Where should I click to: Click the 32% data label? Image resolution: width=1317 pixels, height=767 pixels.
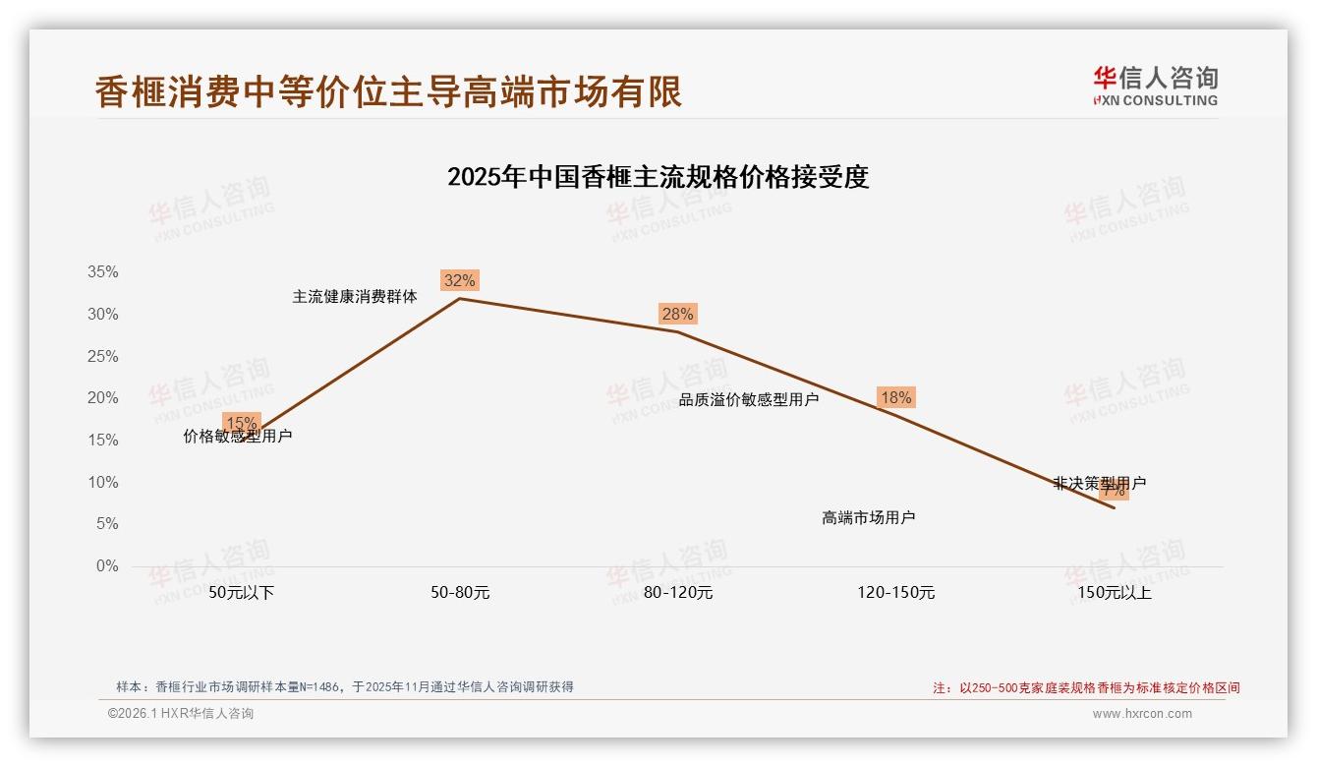pyautogui.click(x=459, y=280)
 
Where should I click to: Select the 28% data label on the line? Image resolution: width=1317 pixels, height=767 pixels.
pyautogui.click(x=677, y=314)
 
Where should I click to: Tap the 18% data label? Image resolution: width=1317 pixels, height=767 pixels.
pyautogui.click(x=895, y=397)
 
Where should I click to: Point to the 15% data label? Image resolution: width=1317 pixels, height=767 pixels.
pyautogui.click(x=242, y=423)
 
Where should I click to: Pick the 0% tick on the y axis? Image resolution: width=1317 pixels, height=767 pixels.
pyautogui.click(x=106, y=566)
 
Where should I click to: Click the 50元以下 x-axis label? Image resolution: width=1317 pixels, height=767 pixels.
pyautogui.click(x=242, y=593)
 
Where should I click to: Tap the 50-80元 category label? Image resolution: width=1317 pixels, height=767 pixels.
pyautogui.click(x=460, y=593)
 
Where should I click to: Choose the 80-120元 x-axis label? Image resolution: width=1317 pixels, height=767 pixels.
pyautogui.click(x=678, y=593)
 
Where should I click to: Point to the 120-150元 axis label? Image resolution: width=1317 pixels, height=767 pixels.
pyautogui.click(x=896, y=593)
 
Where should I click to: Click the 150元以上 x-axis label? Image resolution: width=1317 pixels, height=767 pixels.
pyautogui.click(x=1115, y=593)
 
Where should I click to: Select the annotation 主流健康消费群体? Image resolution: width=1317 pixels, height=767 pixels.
pyautogui.click(x=355, y=296)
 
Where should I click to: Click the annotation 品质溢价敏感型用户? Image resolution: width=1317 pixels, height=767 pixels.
pyautogui.click(x=749, y=399)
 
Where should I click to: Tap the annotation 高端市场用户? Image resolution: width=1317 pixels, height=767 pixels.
pyautogui.click(x=869, y=517)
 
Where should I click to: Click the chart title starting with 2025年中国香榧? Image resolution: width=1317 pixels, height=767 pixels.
pyautogui.click(x=658, y=177)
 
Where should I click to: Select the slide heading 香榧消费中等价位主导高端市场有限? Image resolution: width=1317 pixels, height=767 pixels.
pyautogui.click(x=388, y=91)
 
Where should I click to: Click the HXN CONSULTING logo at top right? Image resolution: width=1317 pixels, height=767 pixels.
pyautogui.click(x=1155, y=87)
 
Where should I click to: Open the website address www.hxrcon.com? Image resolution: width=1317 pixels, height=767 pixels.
pyautogui.click(x=1142, y=714)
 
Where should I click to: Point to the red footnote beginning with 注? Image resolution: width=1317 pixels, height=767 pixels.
pyautogui.click(x=1086, y=688)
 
